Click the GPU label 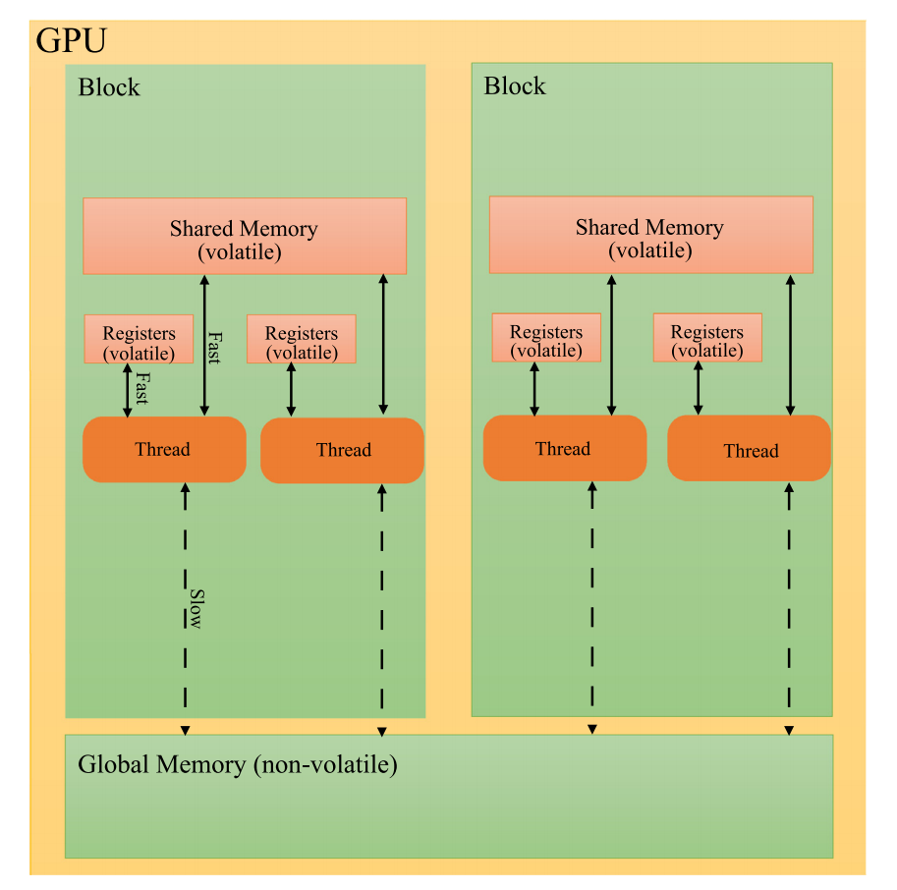pyautogui.click(x=71, y=41)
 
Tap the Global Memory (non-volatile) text pyautogui.click(x=238, y=764)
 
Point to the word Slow pyautogui.click(x=196, y=609)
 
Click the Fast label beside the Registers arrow pyautogui.click(x=141, y=388)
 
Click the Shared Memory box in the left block pyautogui.click(x=244, y=237)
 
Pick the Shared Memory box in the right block pyautogui.click(x=650, y=236)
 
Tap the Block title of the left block pyautogui.click(x=109, y=87)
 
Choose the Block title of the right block pyautogui.click(x=515, y=85)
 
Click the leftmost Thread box pyautogui.click(x=163, y=450)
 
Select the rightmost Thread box pyautogui.click(x=750, y=451)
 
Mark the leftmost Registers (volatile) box pyautogui.click(x=139, y=340)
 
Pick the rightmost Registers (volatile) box pyautogui.click(x=706, y=339)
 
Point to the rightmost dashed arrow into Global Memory pyautogui.click(x=789, y=609)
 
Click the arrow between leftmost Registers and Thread pyautogui.click(x=127, y=390)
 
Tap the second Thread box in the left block pyautogui.click(x=343, y=451)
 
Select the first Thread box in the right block pyautogui.click(x=564, y=449)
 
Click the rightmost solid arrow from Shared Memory pyautogui.click(x=790, y=344)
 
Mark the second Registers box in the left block pyautogui.click(x=302, y=340)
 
